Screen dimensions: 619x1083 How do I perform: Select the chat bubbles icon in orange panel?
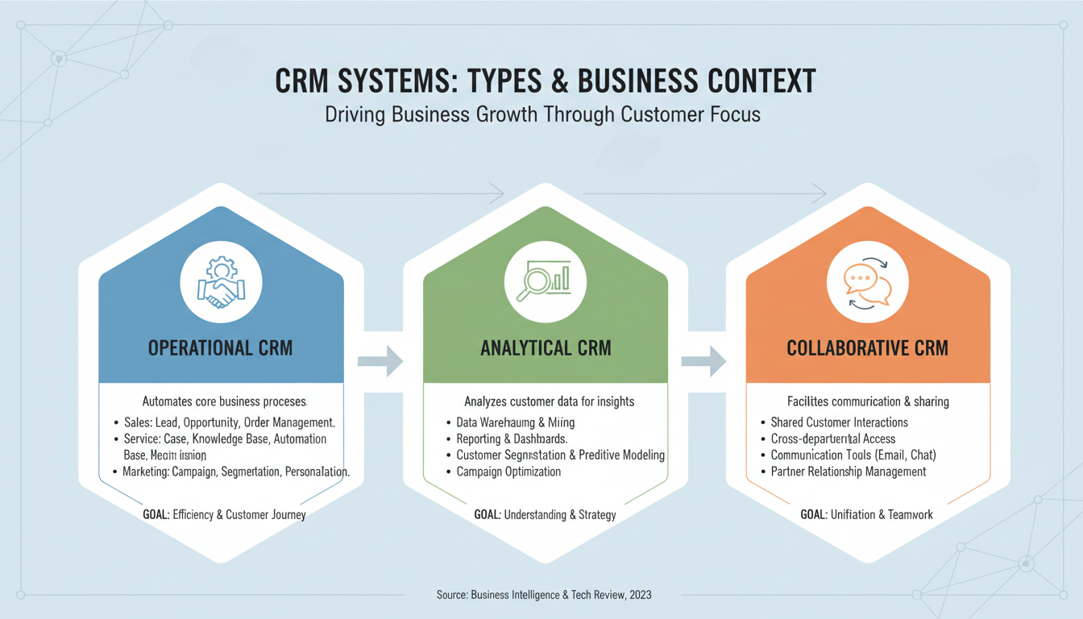868,283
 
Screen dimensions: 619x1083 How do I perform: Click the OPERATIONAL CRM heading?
220,348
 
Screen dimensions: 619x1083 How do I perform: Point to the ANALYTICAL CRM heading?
546,348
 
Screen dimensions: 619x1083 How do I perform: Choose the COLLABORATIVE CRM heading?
867,348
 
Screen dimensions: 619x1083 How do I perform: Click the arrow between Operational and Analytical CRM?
382,360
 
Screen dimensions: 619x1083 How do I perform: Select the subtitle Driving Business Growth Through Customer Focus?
542,114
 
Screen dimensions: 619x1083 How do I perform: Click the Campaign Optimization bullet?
508,472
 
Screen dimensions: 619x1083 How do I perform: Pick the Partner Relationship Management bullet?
848,472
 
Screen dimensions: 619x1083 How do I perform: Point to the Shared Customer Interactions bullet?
839,422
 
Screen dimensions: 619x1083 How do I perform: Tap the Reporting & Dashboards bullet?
512,439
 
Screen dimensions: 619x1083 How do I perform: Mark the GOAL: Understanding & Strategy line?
545,514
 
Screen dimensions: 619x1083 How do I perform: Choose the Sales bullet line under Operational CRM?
229,422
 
